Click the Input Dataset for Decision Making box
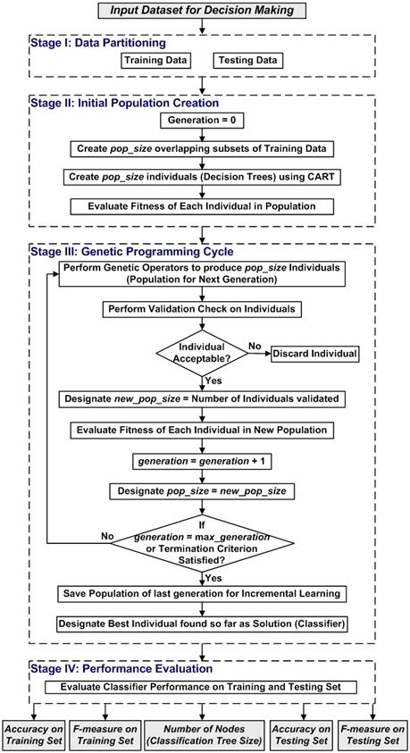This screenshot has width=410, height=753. tap(205, 11)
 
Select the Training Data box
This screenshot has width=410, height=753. tap(155, 61)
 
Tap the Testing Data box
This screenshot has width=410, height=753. tap(247, 61)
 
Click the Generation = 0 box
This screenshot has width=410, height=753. tap(205, 121)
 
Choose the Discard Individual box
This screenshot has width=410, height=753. tap(314, 353)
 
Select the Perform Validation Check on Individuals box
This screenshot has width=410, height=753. tap(205, 308)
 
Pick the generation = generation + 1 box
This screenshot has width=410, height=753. tap(205, 461)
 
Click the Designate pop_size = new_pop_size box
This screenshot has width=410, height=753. tap(205, 490)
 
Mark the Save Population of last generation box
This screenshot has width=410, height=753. tap(205, 594)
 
